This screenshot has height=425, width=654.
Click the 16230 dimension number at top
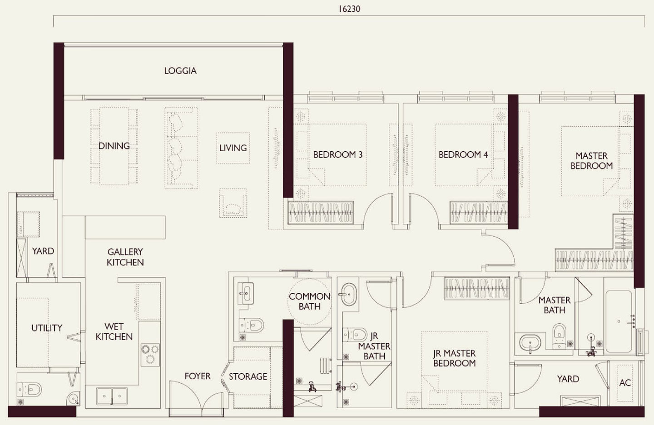pos(349,9)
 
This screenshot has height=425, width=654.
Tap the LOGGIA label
pos(180,71)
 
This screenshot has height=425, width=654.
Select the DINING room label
pos(114,146)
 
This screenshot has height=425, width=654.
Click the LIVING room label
pos(233,148)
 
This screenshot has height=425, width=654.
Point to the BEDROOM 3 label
pos(338,155)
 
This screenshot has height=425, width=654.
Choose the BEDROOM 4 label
pos(463,155)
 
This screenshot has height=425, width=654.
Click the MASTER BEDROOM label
pos(591,161)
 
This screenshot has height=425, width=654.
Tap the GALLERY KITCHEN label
pos(125,257)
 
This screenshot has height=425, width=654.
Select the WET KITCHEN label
pos(114,331)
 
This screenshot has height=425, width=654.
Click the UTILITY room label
pos(47,328)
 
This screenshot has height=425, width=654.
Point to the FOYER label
pos(198,376)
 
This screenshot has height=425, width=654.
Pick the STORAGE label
pos(248,376)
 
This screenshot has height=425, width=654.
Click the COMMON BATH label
pos(309,301)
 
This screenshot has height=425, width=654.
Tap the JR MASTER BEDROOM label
pos(454,358)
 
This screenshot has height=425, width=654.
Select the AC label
pos(625,383)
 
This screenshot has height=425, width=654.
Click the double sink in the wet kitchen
pos(112,395)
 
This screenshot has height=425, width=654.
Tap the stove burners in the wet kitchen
pos(150,354)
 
